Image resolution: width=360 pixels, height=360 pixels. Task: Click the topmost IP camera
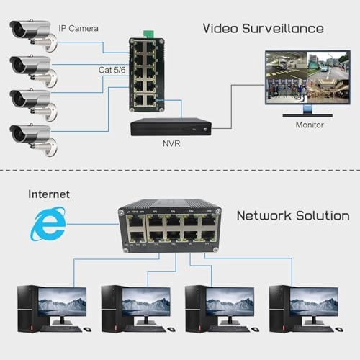32,32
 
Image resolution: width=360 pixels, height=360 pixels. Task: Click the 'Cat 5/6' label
113,70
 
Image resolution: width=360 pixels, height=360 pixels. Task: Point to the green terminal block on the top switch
150,34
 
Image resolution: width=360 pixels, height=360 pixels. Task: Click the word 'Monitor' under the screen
310,125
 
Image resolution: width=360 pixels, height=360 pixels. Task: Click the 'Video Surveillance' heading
262,29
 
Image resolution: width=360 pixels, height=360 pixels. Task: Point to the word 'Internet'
49,194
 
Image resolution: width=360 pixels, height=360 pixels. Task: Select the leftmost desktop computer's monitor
62,302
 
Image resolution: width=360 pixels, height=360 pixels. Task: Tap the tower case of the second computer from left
110,307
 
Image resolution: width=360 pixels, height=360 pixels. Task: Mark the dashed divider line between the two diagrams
180,171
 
